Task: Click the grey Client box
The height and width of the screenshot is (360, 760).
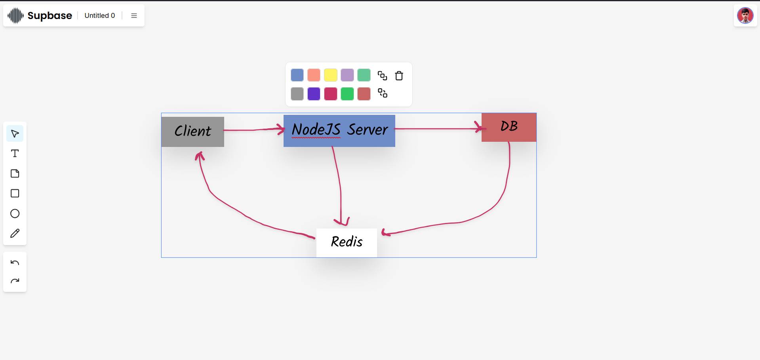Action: (x=193, y=131)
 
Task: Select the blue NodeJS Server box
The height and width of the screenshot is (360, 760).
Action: (x=339, y=131)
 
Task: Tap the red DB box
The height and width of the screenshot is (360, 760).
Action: (x=509, y=127)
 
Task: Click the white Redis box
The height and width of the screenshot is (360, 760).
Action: (x=347, y=243)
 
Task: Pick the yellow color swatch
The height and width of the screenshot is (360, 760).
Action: (x=331, y=75)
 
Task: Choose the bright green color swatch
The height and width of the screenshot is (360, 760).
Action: (x=347, y=94)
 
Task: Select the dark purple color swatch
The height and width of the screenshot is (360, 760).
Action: (x=314, y=94)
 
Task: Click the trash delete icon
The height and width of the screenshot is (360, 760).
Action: (x=399, y=76)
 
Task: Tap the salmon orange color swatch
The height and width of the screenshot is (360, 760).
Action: (x=314, y=75)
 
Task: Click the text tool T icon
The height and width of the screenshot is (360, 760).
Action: (x=15, y=153)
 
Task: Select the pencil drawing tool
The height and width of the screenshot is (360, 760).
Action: (x=15, y=233)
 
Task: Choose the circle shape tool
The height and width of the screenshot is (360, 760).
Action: (x=15, y=213)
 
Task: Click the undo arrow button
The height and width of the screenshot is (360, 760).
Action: (x=15, y=263)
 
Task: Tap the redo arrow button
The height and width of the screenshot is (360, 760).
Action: (x=15, y=281)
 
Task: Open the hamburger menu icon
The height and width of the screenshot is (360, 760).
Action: (x=134, y=15)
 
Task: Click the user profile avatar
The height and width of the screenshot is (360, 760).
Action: (x=745, y=16)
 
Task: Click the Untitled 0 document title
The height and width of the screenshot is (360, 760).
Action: (x=100, y=15)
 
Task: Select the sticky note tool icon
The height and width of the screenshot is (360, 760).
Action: (x=15, y=173)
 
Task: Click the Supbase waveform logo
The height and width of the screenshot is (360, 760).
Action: (x=16, y=16)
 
